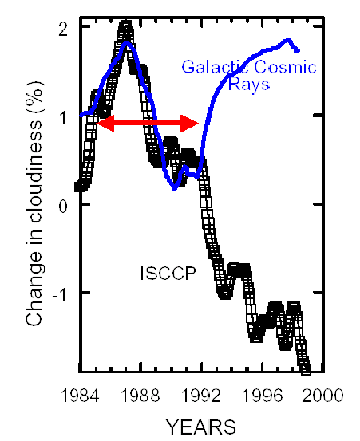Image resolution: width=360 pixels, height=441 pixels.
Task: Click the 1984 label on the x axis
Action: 80,396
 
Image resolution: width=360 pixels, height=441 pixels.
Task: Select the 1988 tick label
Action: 140,396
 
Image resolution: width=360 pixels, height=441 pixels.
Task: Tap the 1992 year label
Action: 200,396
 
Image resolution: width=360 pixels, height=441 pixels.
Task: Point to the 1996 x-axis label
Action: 262,396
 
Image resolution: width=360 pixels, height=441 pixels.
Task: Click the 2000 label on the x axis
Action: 322,396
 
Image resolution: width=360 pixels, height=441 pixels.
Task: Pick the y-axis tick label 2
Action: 63,30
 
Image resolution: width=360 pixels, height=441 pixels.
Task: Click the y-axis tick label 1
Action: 63,118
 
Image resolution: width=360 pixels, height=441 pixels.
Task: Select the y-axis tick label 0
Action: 63,207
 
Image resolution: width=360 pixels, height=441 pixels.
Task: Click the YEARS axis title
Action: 200,427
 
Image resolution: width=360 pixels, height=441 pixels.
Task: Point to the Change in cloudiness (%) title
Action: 34,203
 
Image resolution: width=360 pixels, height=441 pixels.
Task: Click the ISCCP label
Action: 168,273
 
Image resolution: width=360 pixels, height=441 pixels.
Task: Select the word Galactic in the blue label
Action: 215,67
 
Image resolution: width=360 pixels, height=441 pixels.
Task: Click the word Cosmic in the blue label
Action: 285,67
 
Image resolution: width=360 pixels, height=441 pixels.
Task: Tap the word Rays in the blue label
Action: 249,84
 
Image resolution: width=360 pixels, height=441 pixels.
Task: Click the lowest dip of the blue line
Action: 174,188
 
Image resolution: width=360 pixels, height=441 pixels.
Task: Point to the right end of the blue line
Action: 299,51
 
